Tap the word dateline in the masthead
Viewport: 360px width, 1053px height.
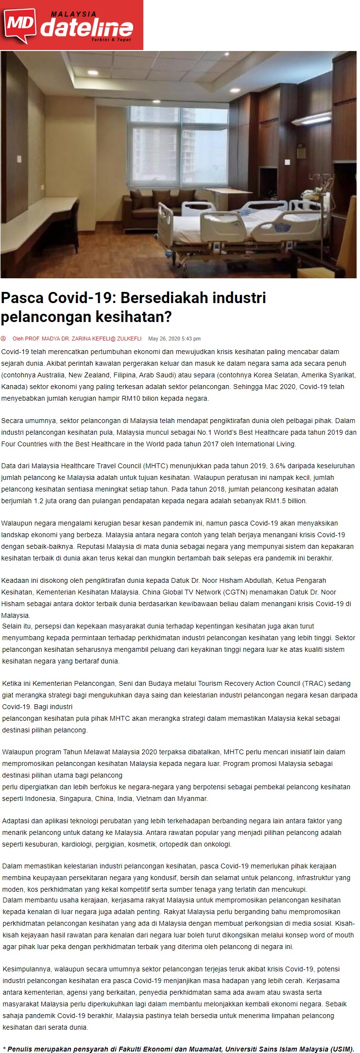click(86, 29)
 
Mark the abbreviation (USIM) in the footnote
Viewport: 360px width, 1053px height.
click(341, 1049)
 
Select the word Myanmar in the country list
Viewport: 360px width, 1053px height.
click(193, 798)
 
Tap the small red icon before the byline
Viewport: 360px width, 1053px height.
click(4, 339)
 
